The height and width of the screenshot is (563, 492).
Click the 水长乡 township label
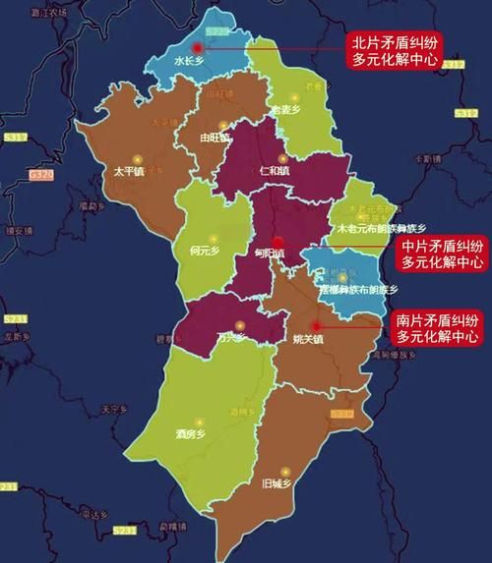[188, 61]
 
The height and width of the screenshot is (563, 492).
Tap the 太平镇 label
[128, 171]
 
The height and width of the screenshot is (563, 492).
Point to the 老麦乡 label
[285, 108]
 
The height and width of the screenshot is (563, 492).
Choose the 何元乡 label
[203, 250]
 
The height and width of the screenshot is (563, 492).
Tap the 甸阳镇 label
[269, 253]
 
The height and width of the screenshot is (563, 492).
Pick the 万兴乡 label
[230, 337]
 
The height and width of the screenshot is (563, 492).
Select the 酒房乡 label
[189, 433]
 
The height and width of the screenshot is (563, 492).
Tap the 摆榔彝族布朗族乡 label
[356, 290]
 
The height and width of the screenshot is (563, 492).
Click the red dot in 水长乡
[197, 47]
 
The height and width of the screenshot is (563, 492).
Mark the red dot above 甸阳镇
[277, 242]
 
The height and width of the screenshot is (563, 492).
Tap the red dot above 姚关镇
[316, 326]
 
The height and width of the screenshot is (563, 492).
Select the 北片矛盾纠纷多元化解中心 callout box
[393, 50]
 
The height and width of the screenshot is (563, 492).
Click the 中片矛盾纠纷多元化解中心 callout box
[441, 254]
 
